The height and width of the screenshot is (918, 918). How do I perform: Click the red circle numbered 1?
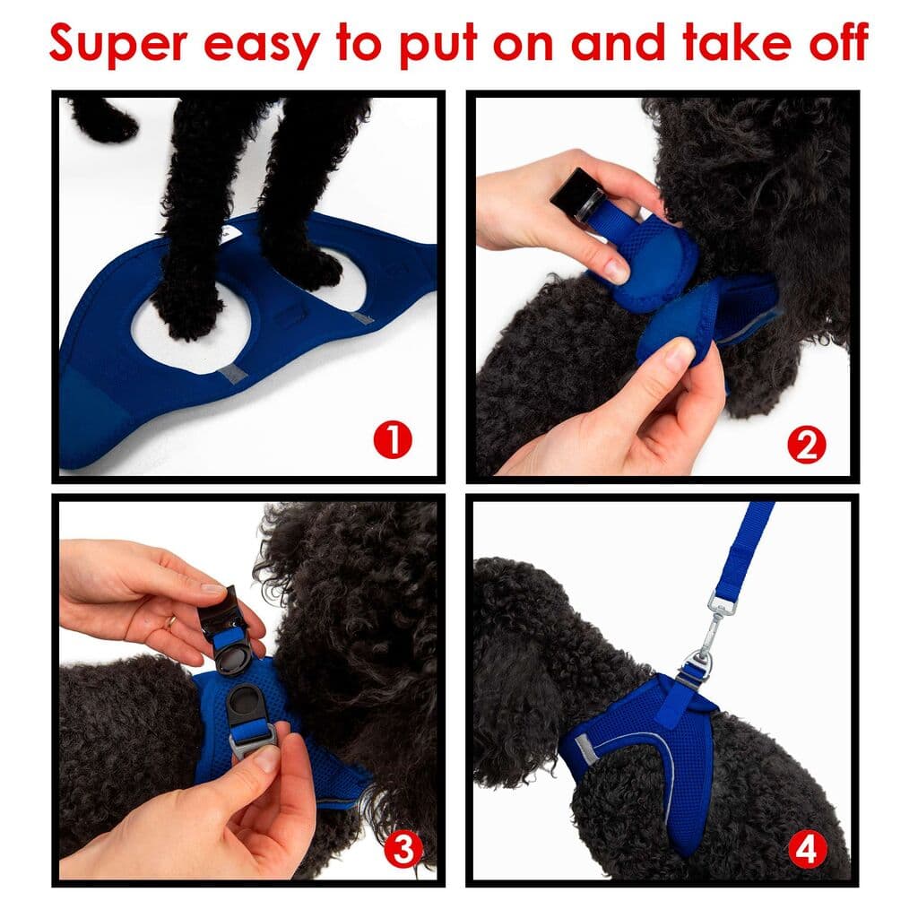pyautogui.click(x=393, y=441)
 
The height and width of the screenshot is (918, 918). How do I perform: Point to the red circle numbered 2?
pyautogui.click(x=806, y=445)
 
